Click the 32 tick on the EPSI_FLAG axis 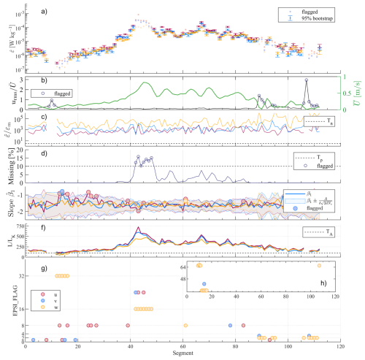tap(21, 276)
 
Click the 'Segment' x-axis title tap(183, 355)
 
